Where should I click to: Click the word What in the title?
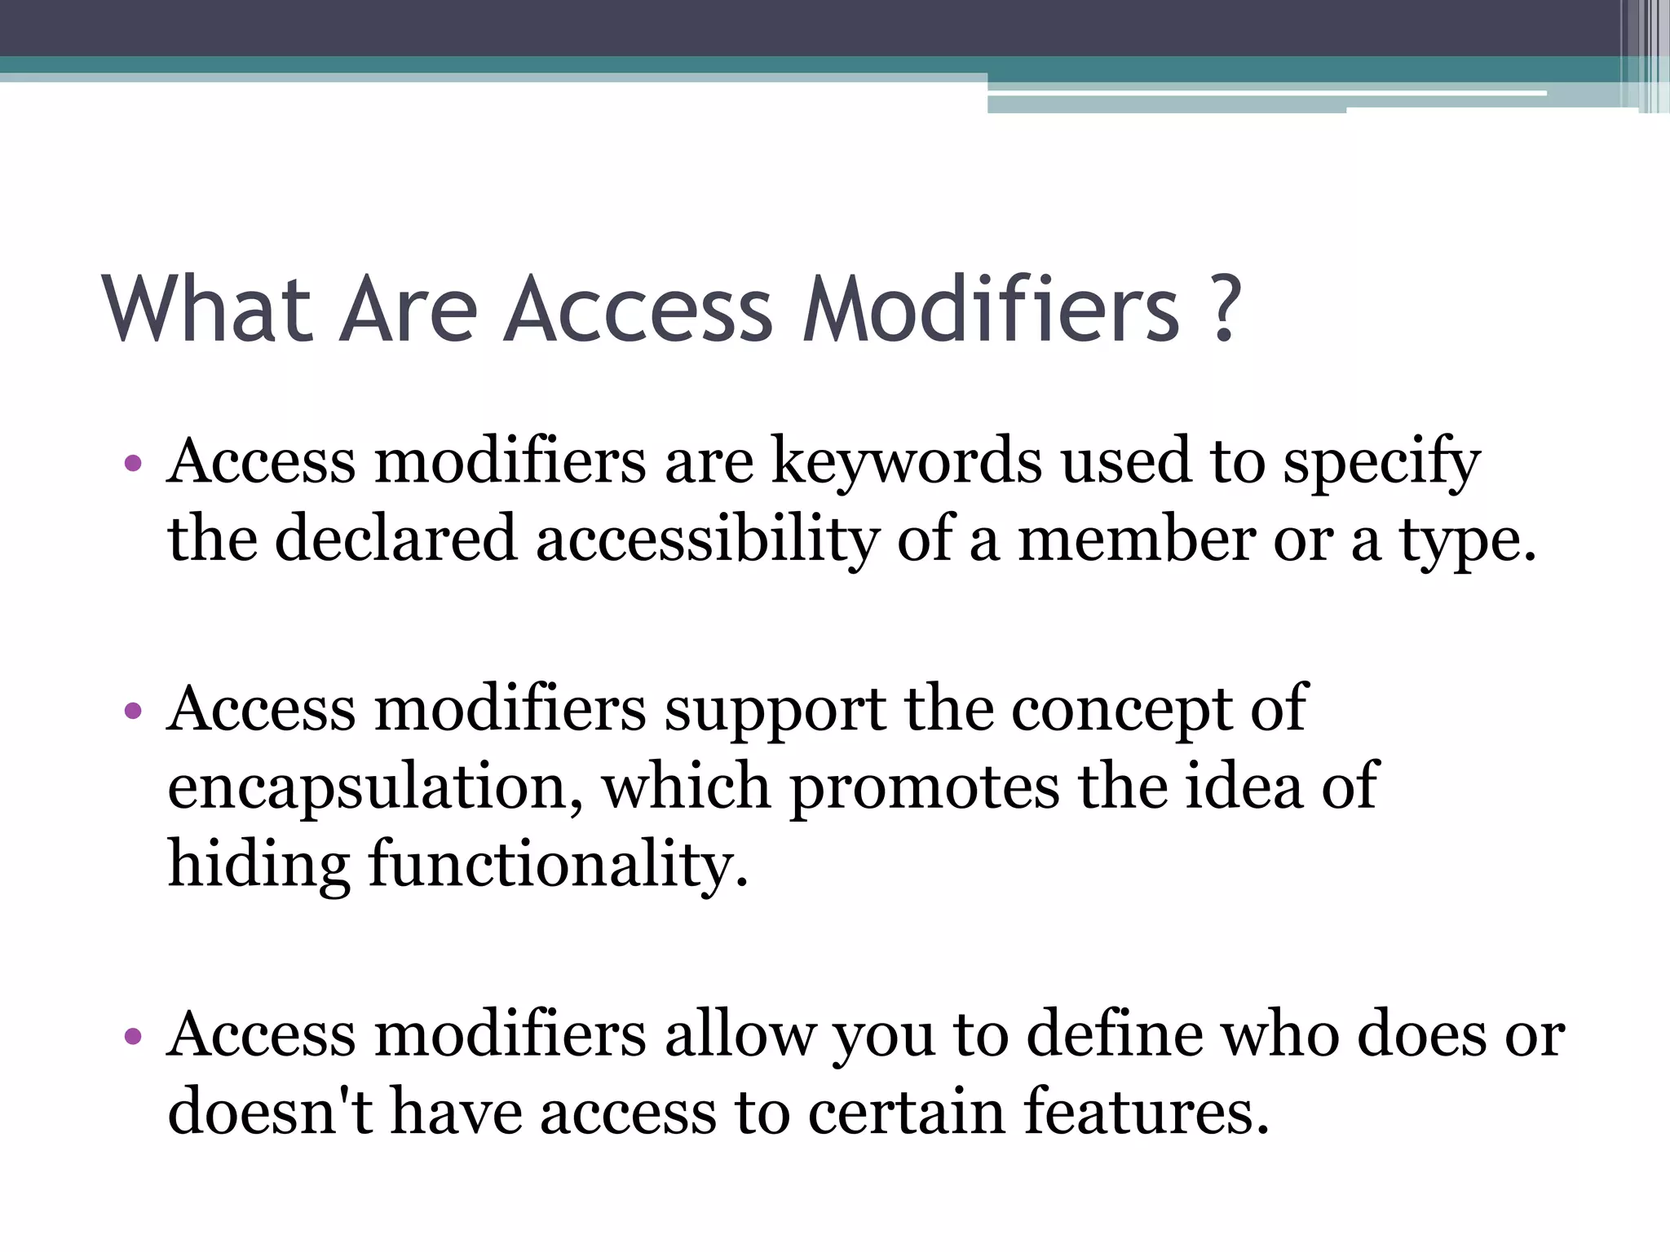coord(207,309)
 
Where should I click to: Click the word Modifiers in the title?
coord(991,309)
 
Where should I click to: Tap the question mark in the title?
coord(1224,309)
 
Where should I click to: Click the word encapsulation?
coord(375,787)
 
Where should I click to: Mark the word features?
coord(1146,1112)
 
